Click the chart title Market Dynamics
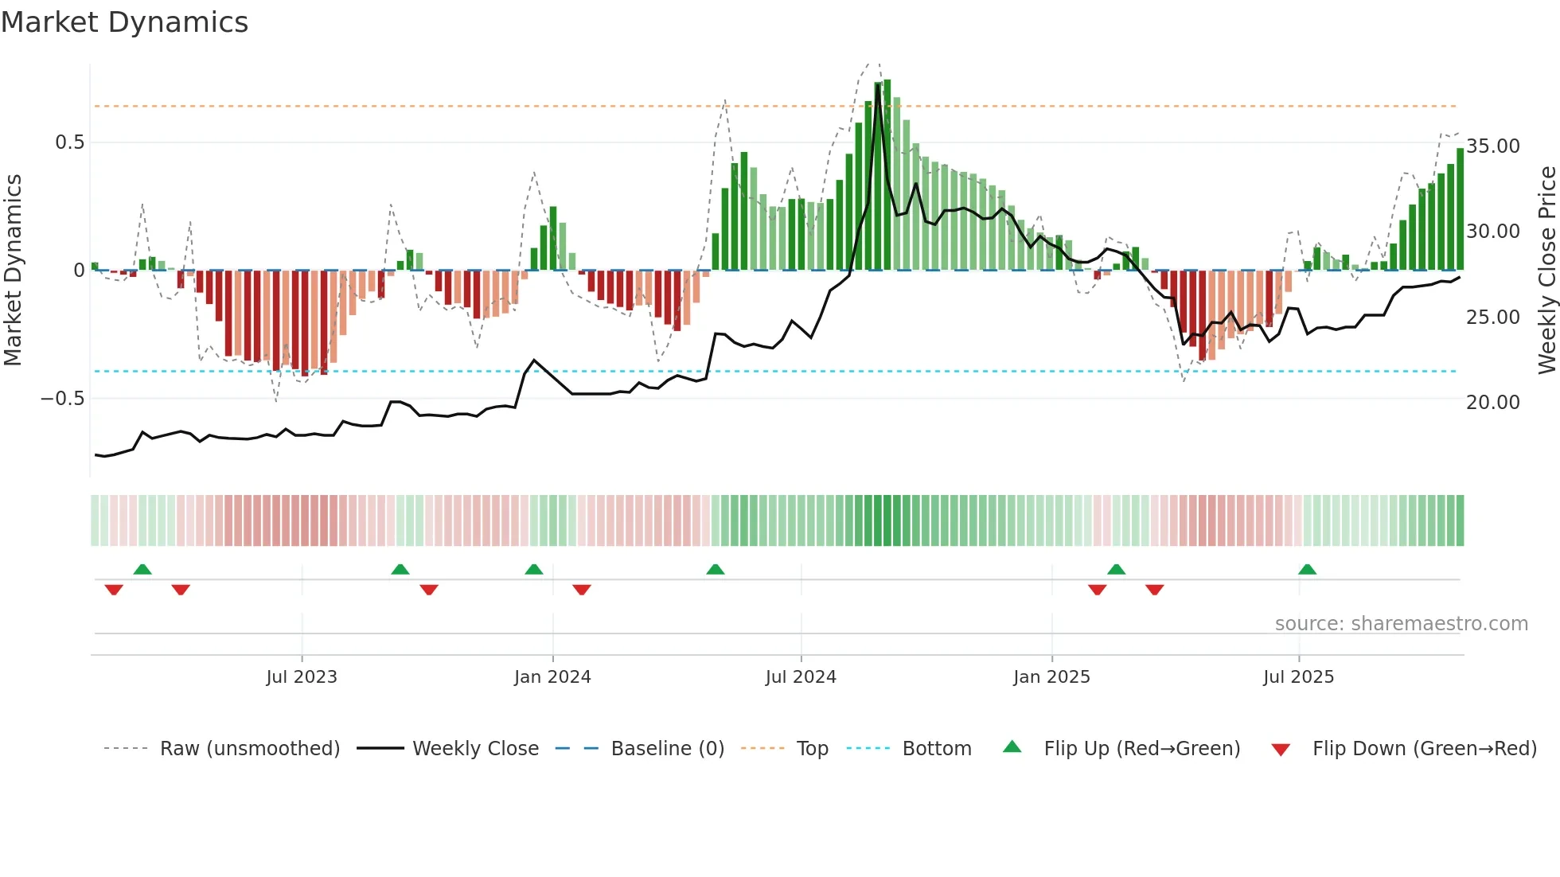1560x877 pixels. coord(124,22)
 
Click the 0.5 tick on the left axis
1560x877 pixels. coord(69,142)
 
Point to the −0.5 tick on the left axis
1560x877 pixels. coord(62,398)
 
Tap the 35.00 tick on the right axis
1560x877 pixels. coord(1493,146)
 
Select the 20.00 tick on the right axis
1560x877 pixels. coord(1493,403)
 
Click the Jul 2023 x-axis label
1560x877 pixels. coord(302,677)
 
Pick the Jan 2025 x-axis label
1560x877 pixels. coord(1051,677)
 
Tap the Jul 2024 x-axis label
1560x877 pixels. coord(801,677)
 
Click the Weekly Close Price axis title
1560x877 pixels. coord(1546,270)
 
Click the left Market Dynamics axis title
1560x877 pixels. coord(13,270)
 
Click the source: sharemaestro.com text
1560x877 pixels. coord(1401,624)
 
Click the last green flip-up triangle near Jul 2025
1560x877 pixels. coord(1307,569)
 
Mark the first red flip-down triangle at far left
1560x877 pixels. coord(114,590)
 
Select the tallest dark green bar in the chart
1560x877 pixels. coord(887,175)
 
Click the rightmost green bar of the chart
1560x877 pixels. coord(1461,209)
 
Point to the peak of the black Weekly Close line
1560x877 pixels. coord(878,85)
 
